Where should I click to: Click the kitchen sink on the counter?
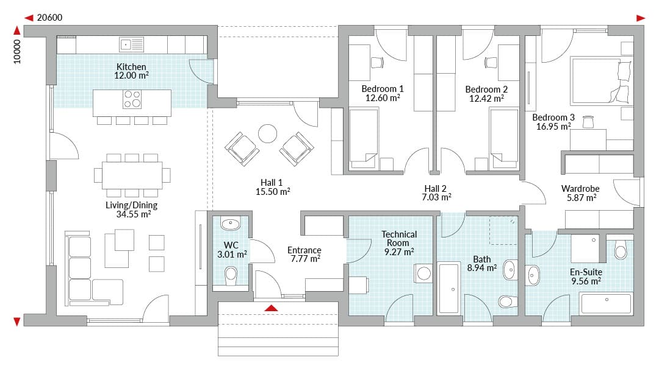tap(131, 44)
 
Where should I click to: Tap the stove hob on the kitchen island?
tap(132, 99)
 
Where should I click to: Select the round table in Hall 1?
tap(267, 134)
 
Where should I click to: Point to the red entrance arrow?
tap(272, 308)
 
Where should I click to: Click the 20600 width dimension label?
tap(49, 18)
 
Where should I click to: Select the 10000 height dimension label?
tap(17, 52)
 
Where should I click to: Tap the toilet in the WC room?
tap(231, 276)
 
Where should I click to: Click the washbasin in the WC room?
tap(230, 224)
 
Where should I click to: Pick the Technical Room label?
tap(399, 239)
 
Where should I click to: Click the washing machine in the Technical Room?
tap(423, 273)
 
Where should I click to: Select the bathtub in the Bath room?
tap(449, 288)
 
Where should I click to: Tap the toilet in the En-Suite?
tap(621, 250)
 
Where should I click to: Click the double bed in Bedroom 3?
tap(602, 81)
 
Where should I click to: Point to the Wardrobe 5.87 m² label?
tap(580, 193)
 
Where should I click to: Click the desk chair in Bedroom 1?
tap(377, 63)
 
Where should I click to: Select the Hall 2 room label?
tap(436, 189)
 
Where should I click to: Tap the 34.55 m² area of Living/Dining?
tap(133, 214)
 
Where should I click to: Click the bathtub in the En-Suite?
tap(606, 303)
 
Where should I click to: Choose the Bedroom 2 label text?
tap(486, 90)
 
